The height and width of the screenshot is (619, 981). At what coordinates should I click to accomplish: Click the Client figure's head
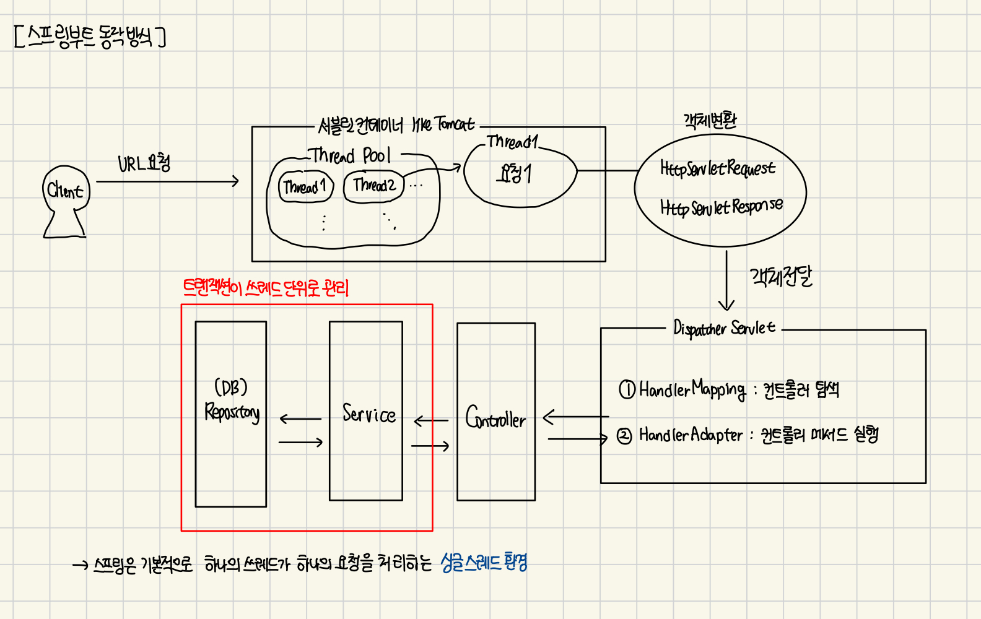tap(66, 189)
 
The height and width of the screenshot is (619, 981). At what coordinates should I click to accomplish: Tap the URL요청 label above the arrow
tap(144, 163)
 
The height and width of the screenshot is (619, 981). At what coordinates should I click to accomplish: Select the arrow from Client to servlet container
tap(167, 181)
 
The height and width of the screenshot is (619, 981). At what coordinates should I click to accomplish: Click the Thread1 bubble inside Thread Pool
tap(305, 186)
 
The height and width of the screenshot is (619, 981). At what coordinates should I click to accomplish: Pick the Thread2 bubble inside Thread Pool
tap(373, 185)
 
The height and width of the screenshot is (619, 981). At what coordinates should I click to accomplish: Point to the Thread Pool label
tap(350, 155)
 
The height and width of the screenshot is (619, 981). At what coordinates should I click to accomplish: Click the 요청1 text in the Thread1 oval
tap(514, 174)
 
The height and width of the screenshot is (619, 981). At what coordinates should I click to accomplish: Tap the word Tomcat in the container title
tap(454, 124)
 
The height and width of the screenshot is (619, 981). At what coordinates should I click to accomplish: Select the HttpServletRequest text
tap(717, 168)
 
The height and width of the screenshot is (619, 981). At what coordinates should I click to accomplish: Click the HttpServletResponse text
tap(721, 207)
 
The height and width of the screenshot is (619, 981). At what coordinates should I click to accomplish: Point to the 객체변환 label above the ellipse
tap(710, 120)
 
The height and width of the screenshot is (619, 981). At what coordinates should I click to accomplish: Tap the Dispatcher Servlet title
tap(723, 327)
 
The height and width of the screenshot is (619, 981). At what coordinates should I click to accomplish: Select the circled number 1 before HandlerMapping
tap(627, 389)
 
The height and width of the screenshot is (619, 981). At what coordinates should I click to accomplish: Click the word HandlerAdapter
tap(691, 435)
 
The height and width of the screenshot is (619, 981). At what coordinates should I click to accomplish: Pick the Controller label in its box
tap(495, 418)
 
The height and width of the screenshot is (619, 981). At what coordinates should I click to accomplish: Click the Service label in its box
tap(369, 413)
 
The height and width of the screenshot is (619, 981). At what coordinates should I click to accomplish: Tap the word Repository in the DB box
tap(232, 412)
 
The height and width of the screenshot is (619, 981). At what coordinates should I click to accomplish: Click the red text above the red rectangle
tap(266, 288)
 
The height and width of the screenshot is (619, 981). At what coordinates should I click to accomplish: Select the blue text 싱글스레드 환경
tap(484, 562)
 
